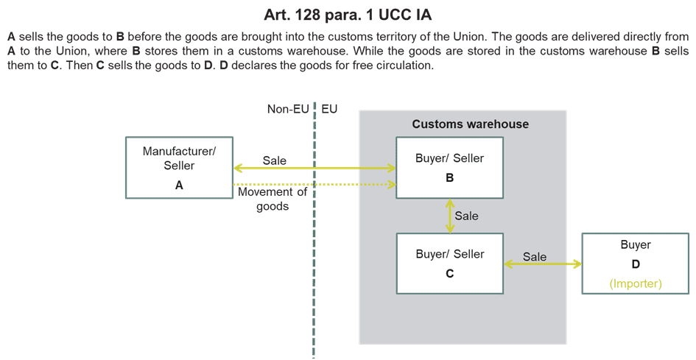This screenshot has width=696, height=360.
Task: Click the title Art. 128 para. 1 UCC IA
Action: (348, 14)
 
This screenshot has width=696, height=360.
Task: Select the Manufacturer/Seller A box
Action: (179, 168)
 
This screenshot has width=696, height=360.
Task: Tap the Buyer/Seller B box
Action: (449, 168)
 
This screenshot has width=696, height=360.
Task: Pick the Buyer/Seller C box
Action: (449, 264)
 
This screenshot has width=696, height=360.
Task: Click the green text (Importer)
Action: (635, 283)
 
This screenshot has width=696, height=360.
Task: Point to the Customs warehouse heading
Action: (470, 124)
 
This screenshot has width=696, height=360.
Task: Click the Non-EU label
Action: (288, 109)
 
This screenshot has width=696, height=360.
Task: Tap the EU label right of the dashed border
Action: (329, 109)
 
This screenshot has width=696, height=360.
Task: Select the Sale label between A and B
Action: (274, 160)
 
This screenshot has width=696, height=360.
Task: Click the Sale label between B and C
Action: (466, 216)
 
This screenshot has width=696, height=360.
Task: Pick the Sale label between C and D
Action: (535, 256)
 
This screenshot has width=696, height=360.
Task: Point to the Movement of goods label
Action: (273, 200)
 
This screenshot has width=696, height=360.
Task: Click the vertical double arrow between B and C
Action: (449, 216)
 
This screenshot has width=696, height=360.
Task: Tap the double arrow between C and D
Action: (543, 264)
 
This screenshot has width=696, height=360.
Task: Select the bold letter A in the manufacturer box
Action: (179, 186)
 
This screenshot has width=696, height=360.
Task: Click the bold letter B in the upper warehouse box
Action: (449, 178)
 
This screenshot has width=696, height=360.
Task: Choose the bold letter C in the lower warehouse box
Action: (449, 273)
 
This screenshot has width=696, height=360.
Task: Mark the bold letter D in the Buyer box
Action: (635, 264)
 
